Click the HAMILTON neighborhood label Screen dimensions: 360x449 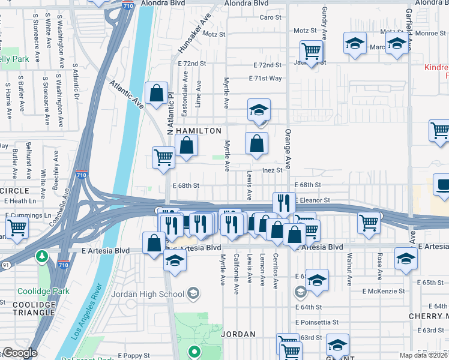click(198, 130)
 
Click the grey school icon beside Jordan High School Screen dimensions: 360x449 click(193, 293)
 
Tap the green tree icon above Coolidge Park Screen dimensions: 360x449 click(42, 257)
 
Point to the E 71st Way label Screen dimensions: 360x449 click(265, 78)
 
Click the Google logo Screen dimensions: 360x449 click(19, 353)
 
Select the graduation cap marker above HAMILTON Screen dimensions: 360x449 click(259, 110)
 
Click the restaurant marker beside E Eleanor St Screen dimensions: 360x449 click(283, 203)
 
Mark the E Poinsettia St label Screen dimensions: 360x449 click(317, 322)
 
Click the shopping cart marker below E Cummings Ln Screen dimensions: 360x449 click(17, 227)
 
